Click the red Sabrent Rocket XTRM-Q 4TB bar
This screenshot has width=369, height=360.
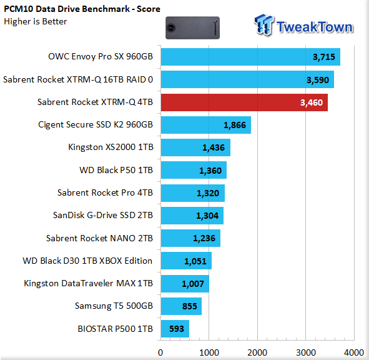pyautogui.click(x=244, y=102)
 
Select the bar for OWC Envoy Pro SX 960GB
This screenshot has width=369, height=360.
pyautogui.click(x=250, y=57)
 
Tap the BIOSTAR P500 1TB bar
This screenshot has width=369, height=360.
pyautogui.click(x=175, y=329)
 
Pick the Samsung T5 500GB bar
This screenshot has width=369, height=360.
pyautogui.click(x=181, y=306)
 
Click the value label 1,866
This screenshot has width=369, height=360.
pyautogui.click(x=235, y=125)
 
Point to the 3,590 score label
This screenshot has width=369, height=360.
pyautogui.click(x=317, y=80)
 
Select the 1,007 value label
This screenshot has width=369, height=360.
pyautogui.click(x=193, y=284)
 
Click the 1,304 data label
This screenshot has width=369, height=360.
pyautogui.click(x=207, y=216)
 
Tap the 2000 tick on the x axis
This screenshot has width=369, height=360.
pyautogui.click(x=257, y=352)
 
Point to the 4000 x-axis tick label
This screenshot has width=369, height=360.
pyautogui.click(x=354, y=352)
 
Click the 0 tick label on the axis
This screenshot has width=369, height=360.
pyautogui.click(x=160, y=352)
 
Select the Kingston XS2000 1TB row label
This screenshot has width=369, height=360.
pyautogui.click(x=111, y=147)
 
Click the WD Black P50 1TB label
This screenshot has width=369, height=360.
pyautogui.click(x=116, y=170)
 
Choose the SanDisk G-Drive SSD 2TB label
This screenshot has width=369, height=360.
pyautogui.click(x=103, y=215)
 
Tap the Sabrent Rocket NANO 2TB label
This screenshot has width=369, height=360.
pyautogui.click(x=99, y=238)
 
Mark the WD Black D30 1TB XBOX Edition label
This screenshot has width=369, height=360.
pyautogui.click(x=87, y=261)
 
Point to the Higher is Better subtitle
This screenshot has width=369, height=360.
pyautogui.click(x=36, y=21)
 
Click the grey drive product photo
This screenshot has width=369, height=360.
pyautogui.click(x=192, y=27)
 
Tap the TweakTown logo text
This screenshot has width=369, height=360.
pyautogui.click(x=315, y=27)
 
